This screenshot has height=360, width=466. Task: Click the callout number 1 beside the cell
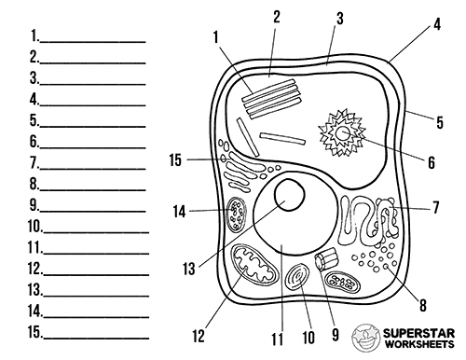pyautogui.click(x=215, y=38)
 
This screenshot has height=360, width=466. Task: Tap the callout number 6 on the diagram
pyautogui.click(x=432, y=161)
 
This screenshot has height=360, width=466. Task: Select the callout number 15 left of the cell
pyautogui.click(x=175, y=160)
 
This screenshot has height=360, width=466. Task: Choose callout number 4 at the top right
pyautogui.click(x=437, y=27)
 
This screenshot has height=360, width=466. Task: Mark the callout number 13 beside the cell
pyautogui.click(x=188, y=269)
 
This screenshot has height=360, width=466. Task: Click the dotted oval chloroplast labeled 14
pyautogui.click(x=235, y=214)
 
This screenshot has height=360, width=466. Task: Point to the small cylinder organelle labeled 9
pyautogui.click(x=327, y=263)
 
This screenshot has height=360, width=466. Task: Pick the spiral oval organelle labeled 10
pyautogui.click(x=300, y=280)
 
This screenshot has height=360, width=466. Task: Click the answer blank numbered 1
pyautogui.click(x=91, y=38)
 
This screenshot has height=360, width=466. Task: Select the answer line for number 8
pyautogui.click(x=91, y=185)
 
